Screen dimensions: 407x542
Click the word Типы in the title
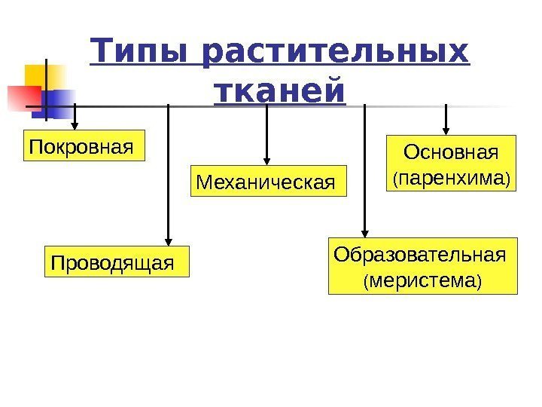(142, 54)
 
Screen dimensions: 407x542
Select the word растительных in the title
(335, 54)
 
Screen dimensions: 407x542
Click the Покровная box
(80, 148)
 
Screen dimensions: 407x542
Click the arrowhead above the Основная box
(447, 129)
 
